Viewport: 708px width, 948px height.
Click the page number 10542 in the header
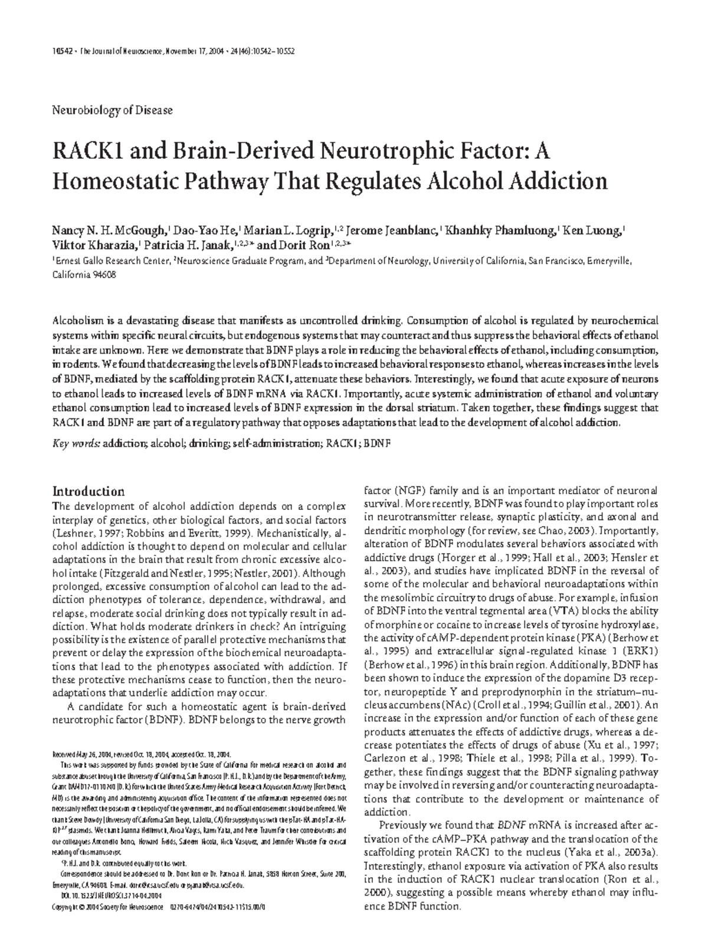tap(62, 51)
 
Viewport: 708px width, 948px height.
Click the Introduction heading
tap(88, 491)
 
